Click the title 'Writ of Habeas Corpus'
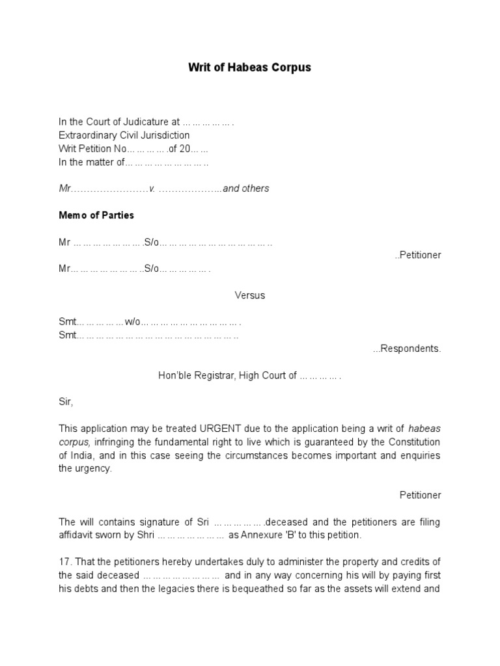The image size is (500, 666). pyautogui.click(x=249, y=67)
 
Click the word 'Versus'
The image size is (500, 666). pyautogui.click(x=250, y=295)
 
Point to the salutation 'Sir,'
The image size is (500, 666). pyautogui.click(x=66, y=402)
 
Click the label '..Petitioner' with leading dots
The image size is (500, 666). pyautogui.click(x=417, y=255)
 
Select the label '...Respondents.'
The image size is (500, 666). pyautogui.click(x=407, y=349)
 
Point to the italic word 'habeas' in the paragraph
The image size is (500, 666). pyautogui.click(x=424, y=429)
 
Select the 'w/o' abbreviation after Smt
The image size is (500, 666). pyautogui.click(x=133, y=322)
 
